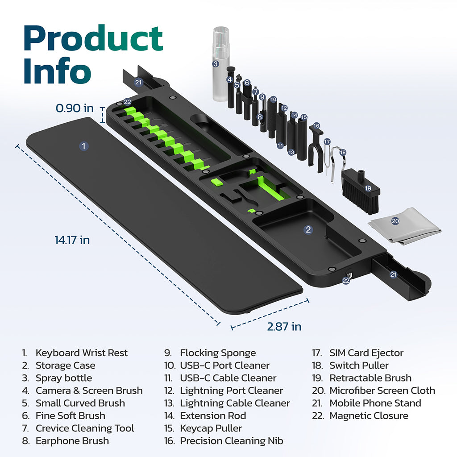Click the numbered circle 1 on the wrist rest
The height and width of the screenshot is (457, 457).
coord(83,146)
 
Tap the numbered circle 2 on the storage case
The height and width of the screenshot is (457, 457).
coord(308,230)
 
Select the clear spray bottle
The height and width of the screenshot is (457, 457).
coord(219,67)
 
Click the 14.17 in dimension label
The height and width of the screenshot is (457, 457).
coord(72,240)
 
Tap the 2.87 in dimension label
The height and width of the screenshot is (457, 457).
coord(284,326)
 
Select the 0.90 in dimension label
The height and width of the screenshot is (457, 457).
coord(75,108)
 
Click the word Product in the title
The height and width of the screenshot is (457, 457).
coord(93,39)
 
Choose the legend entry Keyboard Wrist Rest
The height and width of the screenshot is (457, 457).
coord(81,353)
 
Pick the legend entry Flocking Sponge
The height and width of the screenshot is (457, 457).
coord(217,353)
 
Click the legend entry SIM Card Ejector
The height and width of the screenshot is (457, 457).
coord(366,353)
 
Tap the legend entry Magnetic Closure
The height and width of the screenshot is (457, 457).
coord(368,415)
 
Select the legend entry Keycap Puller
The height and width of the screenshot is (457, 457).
coord(211,428)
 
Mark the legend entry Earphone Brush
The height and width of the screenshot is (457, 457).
coord(72,440)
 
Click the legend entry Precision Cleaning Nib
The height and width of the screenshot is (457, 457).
coord(231,440)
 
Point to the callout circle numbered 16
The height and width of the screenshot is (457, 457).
coord(316,126)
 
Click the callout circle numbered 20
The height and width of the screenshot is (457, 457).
coord(395,220)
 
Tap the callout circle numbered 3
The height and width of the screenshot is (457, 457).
coord(215,64)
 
